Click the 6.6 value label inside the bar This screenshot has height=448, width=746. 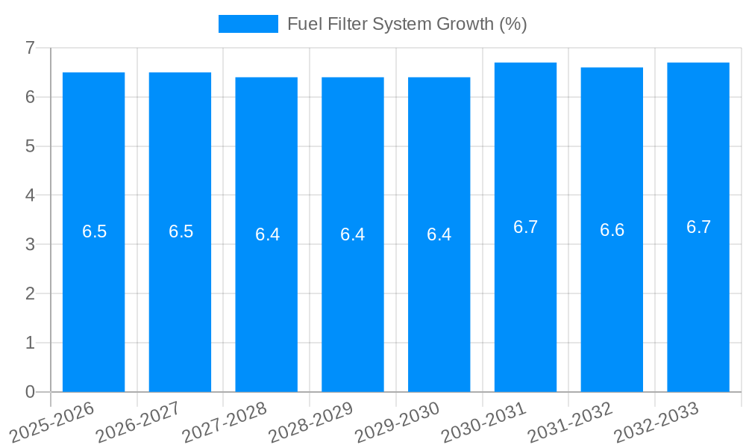[x=612, y=230]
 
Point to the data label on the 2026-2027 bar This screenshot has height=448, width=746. [x=181, y=231]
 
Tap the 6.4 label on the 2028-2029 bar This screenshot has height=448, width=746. [x=352, y=234]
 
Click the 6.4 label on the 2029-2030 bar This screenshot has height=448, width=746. [x=439, y=234]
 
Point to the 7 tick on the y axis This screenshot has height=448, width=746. [x=31, y=48]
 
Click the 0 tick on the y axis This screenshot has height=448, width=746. [x=31, y=392]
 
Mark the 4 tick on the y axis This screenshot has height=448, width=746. [x=31, y=196]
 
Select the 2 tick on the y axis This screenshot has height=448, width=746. [x=31, y=293]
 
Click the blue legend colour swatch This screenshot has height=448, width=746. [x=248, y=24]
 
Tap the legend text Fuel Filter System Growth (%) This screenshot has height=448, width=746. [x=407, y=24]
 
